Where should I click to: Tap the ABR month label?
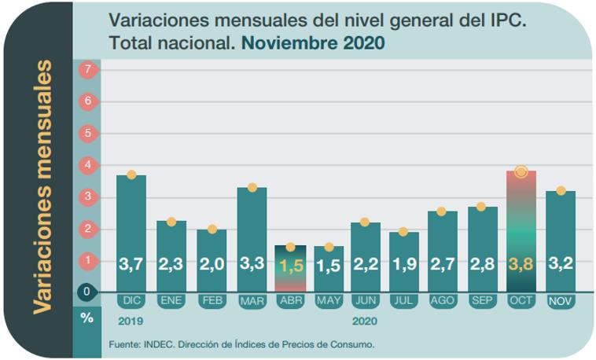[290, 300]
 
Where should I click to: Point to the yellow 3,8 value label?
[521, 265]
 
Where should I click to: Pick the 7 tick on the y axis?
[88, 69]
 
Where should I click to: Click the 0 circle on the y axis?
[88, 292]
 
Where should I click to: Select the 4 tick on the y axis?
[88, 165]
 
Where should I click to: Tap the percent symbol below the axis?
[86, 318]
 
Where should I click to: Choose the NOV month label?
[560, 301]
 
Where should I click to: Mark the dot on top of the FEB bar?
[212, 230]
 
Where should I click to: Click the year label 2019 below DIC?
[130, 321]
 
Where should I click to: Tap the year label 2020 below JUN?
[364, 321]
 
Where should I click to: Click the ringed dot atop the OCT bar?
[521, 171]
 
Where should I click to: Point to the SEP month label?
[482, 300]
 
